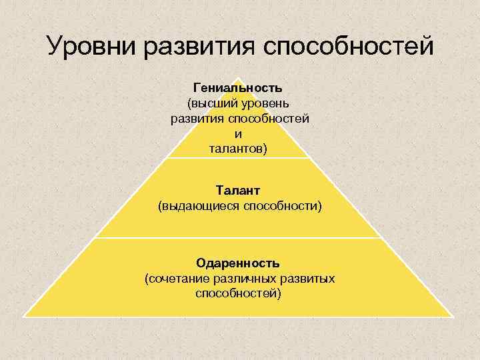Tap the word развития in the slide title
(x=203, y=47)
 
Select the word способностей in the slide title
(x=349, y=47)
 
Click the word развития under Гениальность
(x=198, y=119)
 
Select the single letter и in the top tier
(x=239, y=133)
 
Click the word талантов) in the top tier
(x=238, y=148)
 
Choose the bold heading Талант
(x=238, y=191)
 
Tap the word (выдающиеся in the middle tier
(x=199, y=207)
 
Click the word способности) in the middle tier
(x=283, y=207)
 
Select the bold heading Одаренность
(x=238, y=263)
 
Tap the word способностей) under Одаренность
(x=239, y=293)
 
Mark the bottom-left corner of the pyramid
(x=25, y=315)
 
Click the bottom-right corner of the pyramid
(x=453, y=315)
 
